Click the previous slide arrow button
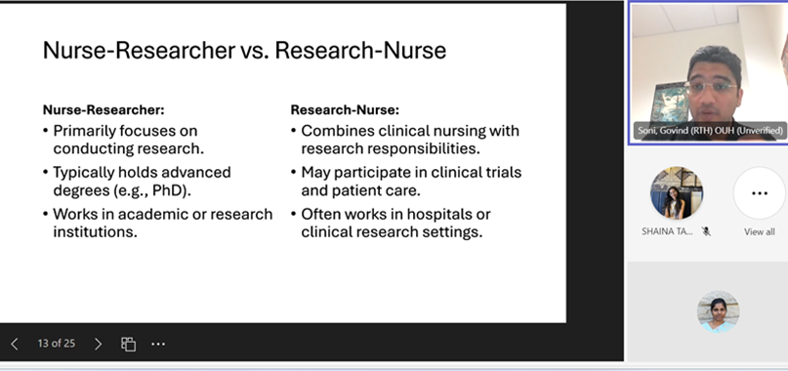pyautogui.click(x=14, y=344)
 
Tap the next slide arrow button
pyautogui.click(x=98, y=344)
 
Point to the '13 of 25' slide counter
pyautogui.click(x=57, y=344)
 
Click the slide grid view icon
pyautogui.click(x=128, y=344)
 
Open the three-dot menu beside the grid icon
pyautogui.click(x=158, y=344)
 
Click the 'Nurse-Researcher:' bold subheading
pyautogui.click(x=104, y=109)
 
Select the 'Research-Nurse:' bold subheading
pyautogui.click(x=345, y=109)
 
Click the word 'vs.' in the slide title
pyautogui.click(x=254, y=51)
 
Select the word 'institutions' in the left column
pyautogui.click(x=94, y=231)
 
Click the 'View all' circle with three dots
pyautogui.click(x=760, y=193)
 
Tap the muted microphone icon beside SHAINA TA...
pyautogui.click(x=707, y=231)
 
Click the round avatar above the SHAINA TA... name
pyautogui.click(x=677, y=193)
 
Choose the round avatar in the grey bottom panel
pyautogui.click(x=718, y=311)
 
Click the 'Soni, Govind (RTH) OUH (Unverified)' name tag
pyautogui.click(x=710, y=131)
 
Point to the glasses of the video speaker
pyautogui.click(x=713, y=87)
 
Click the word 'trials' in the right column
pyautogui.click(x=502, y=173)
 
